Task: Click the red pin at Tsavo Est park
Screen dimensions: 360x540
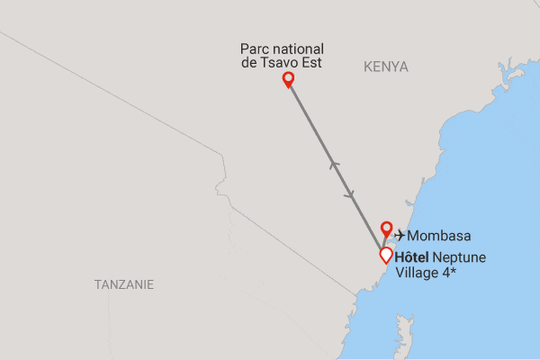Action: [x=288, y=80]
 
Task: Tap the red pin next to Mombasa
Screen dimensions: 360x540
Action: [x=387, y=228]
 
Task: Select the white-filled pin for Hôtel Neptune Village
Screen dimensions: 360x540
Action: [x=385, y=255]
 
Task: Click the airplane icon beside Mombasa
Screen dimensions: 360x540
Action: [x=400, y=236]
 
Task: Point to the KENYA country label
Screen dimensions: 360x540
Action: [x=386, y=67]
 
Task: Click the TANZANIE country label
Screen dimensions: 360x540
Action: [x=124, y=284]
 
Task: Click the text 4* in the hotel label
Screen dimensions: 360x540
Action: [x=446, y=272]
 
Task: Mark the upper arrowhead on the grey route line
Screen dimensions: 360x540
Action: [x=334, y=164]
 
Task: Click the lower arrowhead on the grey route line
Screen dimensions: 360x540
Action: [x=350, y=194]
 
